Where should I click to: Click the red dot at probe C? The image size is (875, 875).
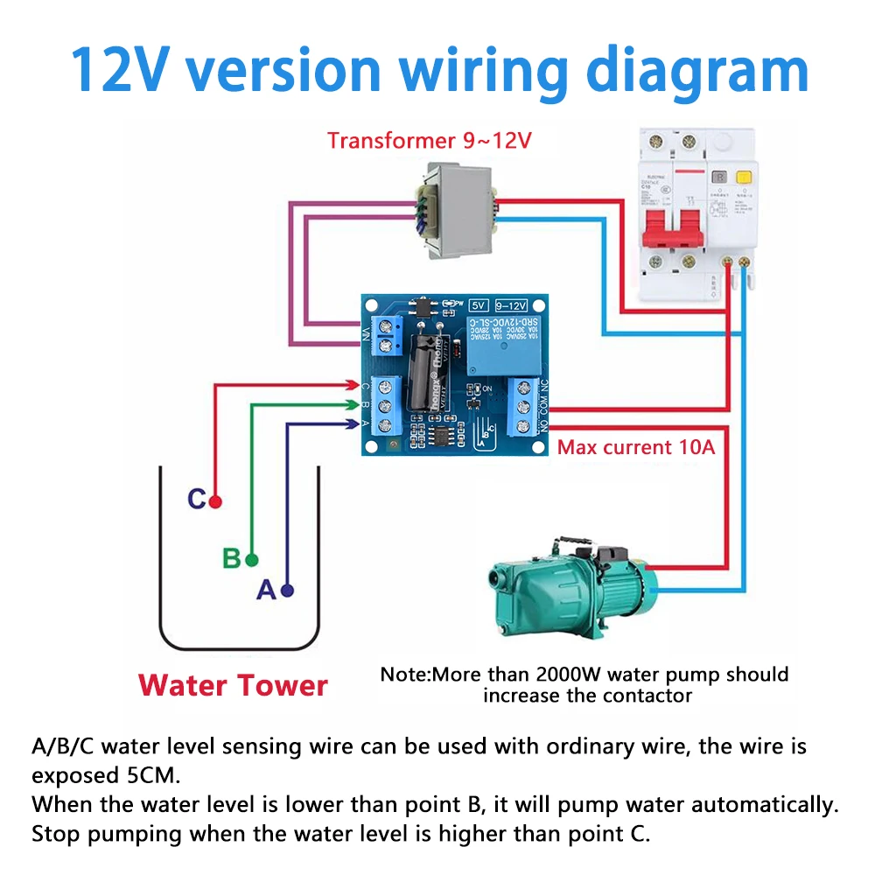tap(215, 501)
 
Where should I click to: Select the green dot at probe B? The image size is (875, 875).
tap(252, 559)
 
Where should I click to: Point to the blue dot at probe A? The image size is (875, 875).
tap(287, 591)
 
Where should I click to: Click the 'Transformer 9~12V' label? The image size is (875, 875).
tap(430, 140)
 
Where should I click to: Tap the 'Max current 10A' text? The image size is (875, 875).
tap(636, 448)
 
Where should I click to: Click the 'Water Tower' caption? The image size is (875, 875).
tap(233, 684)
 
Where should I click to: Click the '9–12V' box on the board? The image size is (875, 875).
tap(511, 305)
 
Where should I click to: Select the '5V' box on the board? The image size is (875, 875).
tap(478, 305)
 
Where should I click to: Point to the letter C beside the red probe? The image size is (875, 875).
tap(197, 500)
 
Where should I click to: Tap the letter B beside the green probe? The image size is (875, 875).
tap(231, 558)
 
